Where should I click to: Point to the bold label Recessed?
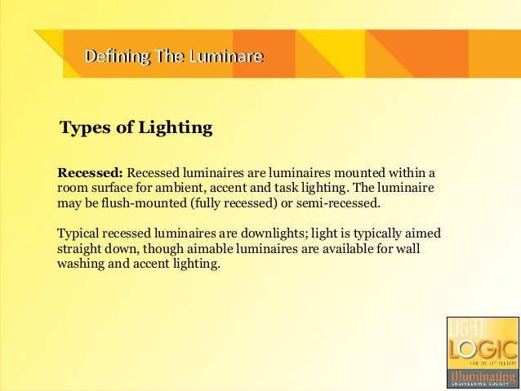(89, 172)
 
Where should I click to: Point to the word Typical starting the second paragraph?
(78, 232)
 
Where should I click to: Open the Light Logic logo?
(481, 350)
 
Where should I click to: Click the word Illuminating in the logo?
(481, 377)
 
